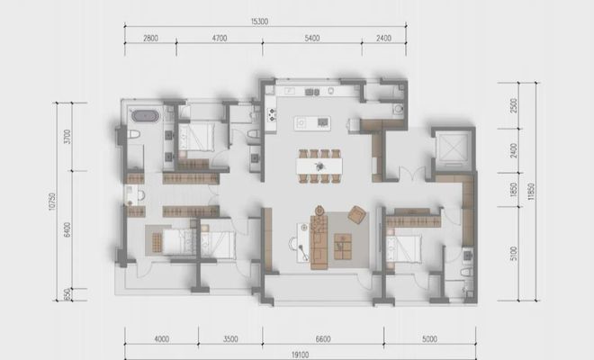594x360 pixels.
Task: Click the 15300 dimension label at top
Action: (x=259, y=22)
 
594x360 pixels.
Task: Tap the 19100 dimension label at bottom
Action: (x=300, y=355)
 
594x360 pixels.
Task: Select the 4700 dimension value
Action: (x=220, y=39)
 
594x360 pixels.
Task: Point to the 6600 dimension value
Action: (x=323, y=339)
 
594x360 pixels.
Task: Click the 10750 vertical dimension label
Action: (x=52, y=202)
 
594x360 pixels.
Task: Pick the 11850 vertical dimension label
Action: (x=531, y=192)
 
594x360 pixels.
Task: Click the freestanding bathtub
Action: (x=144, y=116)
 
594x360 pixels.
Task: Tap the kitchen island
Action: (x=312, y=123)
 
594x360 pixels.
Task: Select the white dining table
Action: (x=319, y=166)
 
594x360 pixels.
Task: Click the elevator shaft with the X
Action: (x=453, y=148)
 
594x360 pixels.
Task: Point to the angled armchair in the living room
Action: (x=357, y=215)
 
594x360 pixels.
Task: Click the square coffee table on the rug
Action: (x=343, y=247)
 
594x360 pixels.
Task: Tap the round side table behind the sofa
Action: (x=320, y=210)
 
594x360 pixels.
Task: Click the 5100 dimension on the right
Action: (x=513, y=253)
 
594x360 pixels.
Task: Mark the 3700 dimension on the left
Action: (x=67, y=137)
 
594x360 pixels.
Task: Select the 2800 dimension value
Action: (x=150, y=39)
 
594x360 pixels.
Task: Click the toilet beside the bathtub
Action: (x=133, y=134)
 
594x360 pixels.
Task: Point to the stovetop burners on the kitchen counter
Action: (x=272, y=115)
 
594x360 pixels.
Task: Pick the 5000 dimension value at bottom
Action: (x=429, y=339)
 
